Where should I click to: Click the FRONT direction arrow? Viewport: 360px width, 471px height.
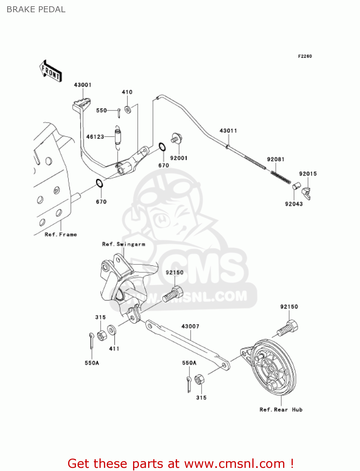click(51, 71)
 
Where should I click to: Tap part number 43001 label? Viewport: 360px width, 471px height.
click(83, 85)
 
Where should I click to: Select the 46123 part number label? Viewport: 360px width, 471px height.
click(95, 137)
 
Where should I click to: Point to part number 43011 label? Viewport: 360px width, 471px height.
click(228, 131)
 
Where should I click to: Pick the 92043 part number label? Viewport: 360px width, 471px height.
click(294, 204)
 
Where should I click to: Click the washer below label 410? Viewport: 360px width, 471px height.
click(128, 110)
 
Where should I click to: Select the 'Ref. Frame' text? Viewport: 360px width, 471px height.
click(61, 235)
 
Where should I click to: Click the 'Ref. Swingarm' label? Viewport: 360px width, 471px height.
click(124, 244)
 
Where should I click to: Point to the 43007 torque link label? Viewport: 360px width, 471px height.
click(190, 326)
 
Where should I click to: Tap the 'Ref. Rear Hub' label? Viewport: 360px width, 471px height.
click(281, 409)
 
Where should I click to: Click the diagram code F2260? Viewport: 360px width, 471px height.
click(305, 56)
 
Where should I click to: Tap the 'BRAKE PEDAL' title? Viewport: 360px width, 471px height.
click(36, 9)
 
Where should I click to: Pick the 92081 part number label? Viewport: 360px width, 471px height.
click(276, 159)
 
